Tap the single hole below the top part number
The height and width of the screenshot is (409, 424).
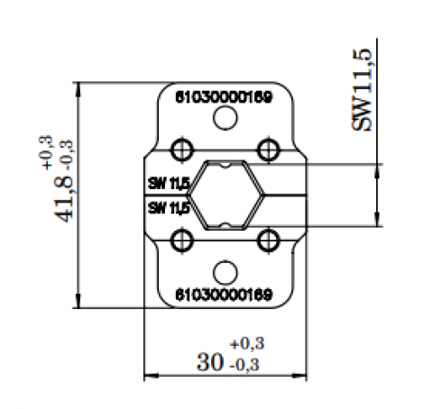coord(226,118)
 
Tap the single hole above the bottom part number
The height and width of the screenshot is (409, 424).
coord(226,272)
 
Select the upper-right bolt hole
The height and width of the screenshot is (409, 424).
coord(267,148)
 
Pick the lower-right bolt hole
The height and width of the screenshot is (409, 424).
coord(267,240)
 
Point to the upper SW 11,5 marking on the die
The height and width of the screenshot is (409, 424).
coord(169,184)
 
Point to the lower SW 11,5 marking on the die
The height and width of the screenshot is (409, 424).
coord(169,207)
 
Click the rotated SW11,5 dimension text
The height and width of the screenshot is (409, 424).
coord(364,91)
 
